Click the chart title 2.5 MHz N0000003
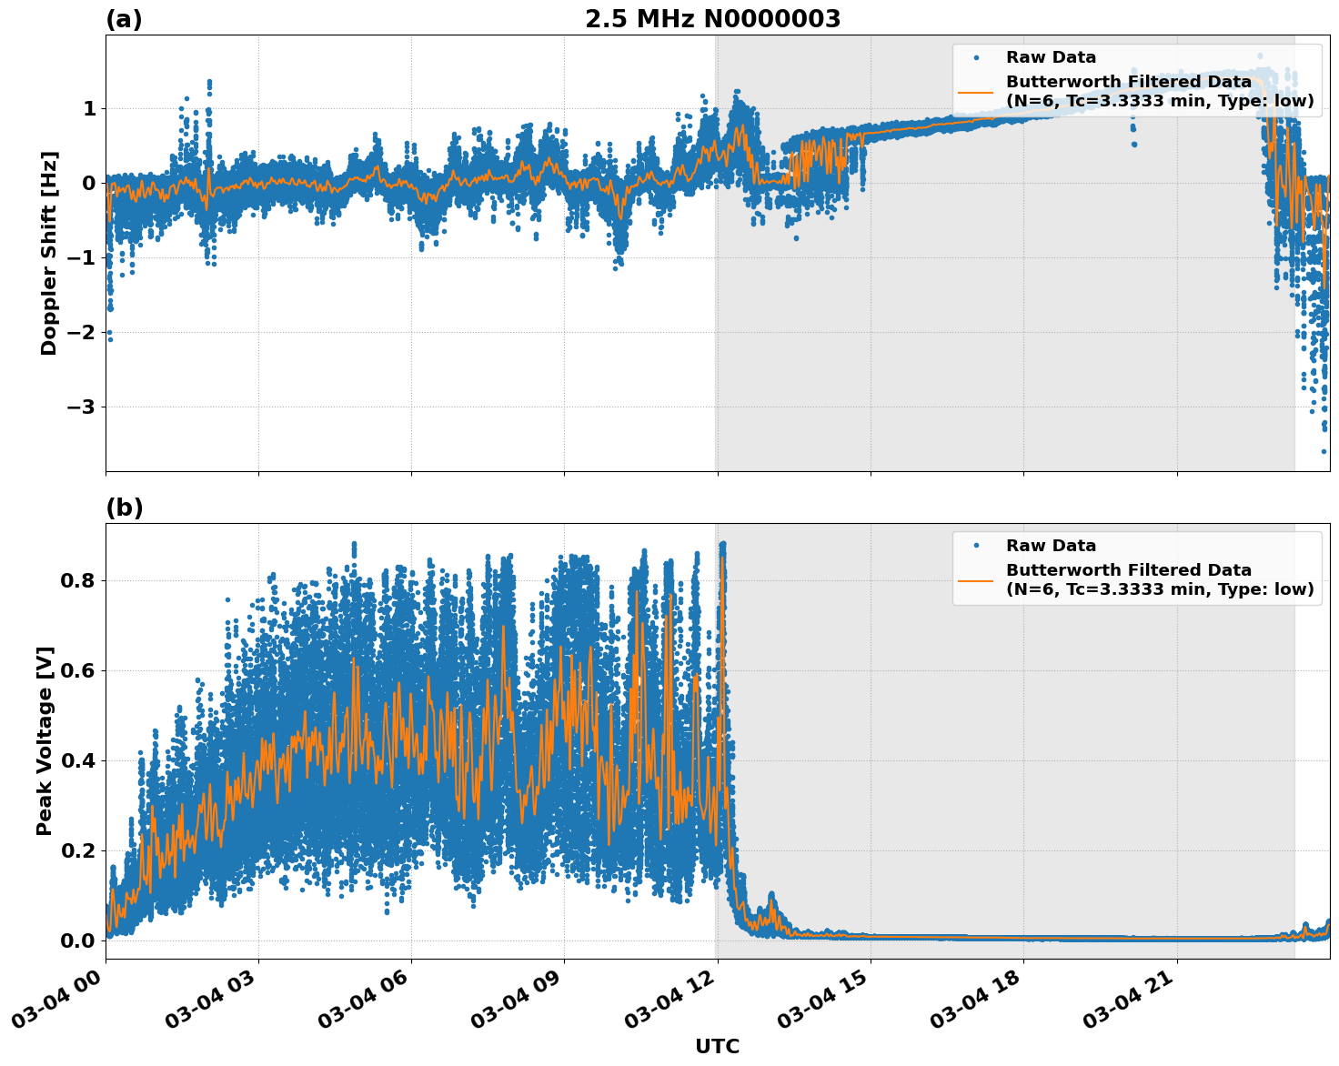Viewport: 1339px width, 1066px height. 712,19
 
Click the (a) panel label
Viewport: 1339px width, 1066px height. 124,19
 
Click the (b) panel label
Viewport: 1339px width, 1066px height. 124,508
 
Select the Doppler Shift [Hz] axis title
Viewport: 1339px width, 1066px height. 49,253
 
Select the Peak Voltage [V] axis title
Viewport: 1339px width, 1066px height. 45,740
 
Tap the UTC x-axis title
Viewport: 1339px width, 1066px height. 717,1046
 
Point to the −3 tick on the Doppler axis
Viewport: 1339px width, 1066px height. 80,407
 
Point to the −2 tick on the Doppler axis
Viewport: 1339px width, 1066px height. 80,332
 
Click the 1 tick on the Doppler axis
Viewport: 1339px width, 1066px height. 89,109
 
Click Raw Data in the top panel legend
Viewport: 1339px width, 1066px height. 1051,57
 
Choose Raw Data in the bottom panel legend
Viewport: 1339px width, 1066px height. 1051,546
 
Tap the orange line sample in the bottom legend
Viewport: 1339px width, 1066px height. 975,579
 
